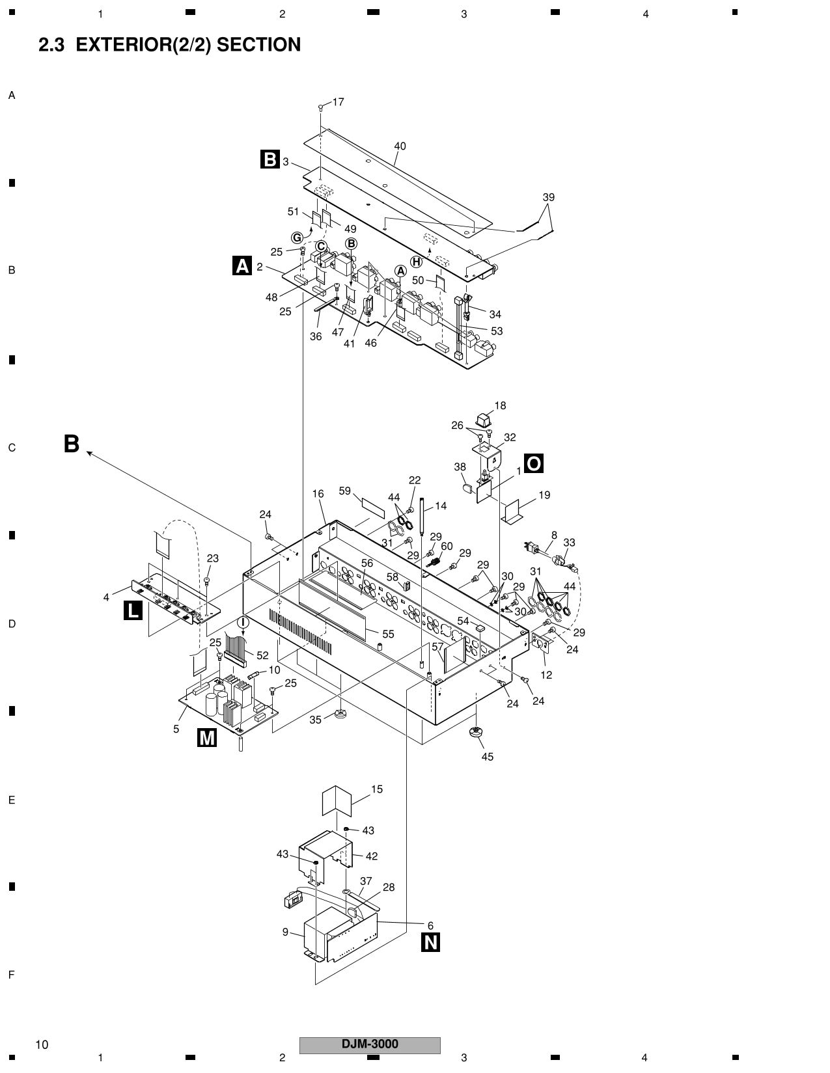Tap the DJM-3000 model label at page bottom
[x=370, y=1044]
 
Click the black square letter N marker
[x=431, y=942]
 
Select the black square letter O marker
[x=533, y=463]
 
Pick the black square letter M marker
[x=206, y=737]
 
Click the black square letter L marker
[x=133, y=610]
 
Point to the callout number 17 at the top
[x=339, y=102]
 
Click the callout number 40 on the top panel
[x=400, y=146]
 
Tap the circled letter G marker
[x=297, y=238]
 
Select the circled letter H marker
[x=416, y=262]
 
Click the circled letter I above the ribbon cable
[x=243, y=622]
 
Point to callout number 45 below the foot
[x=488, y=756]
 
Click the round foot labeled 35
[x=340, y=716]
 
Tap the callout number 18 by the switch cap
[x=500, y=405]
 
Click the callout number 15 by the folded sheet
[x=377, y=789]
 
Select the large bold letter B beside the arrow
[x=72, y=444]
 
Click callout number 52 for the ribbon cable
[x=262, y=655]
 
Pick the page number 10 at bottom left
[x=42, y=1045]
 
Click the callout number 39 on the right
[x=549, y=197]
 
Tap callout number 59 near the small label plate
[x=345, y=491]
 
